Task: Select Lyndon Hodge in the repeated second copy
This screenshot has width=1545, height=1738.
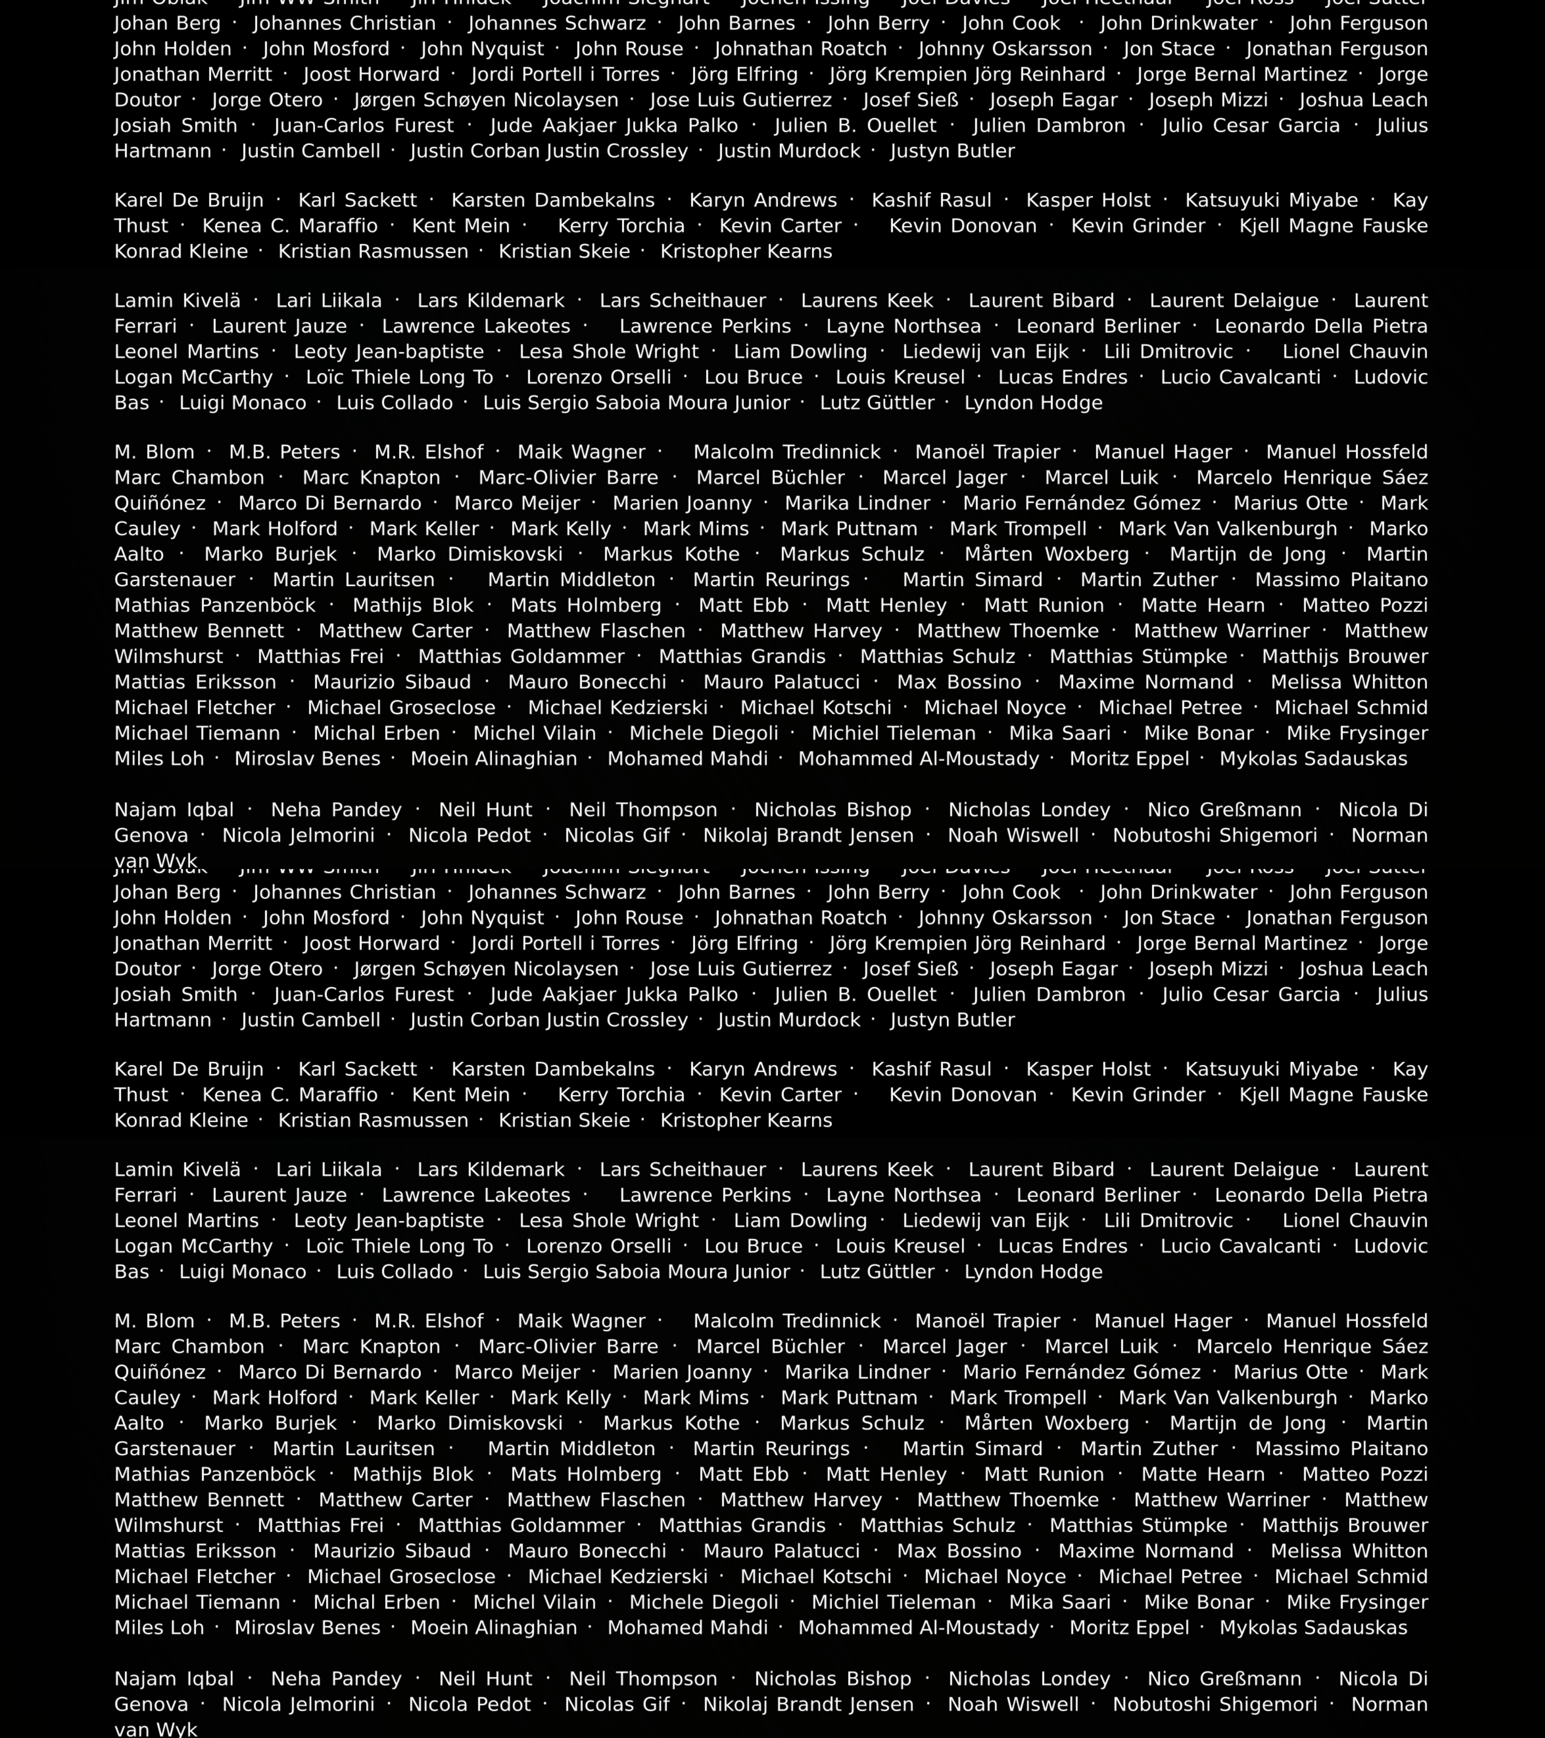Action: (x=1033, y=1272)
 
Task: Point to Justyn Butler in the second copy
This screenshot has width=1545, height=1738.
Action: (x=952, y=1020)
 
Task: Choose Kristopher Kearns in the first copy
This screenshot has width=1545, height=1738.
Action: (x=746, y=252)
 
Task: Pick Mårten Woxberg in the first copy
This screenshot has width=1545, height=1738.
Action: (x=1047, y=554)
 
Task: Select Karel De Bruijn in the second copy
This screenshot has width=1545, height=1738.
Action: (x=189, y=1070)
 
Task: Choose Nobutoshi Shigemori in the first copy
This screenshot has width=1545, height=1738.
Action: (x=1214, y=836)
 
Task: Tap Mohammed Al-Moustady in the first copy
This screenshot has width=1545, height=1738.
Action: (x=919, y=759)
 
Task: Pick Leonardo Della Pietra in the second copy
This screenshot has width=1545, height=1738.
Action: (x=1321, y=1195)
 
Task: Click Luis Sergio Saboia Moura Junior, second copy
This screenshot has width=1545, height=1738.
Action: (x=636, y=1272)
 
